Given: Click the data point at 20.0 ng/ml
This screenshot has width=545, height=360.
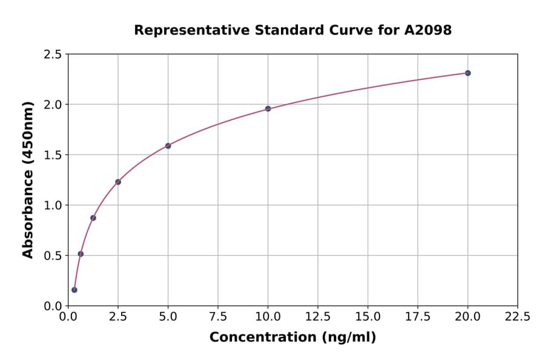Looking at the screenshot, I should point(467,73).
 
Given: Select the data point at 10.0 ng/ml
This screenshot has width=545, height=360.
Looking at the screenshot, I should point(268,108).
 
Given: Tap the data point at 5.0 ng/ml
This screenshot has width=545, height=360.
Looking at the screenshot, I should point(168,146).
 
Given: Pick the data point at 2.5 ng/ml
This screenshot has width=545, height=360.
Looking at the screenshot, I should point(118,182).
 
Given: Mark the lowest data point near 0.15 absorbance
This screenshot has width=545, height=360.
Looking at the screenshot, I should point(74,290).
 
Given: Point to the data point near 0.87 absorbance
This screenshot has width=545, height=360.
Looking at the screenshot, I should point(93,218).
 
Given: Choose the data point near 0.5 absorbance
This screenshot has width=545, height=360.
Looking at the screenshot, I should point(81,254).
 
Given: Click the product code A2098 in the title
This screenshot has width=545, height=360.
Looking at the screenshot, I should point(428,30).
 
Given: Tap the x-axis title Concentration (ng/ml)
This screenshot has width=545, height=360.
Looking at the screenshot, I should point(292,337).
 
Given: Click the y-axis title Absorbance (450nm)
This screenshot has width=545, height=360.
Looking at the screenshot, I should point(28,179).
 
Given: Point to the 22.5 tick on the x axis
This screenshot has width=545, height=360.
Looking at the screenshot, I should point(517,317).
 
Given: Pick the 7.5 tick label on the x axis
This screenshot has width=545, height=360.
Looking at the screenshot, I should point(218,317).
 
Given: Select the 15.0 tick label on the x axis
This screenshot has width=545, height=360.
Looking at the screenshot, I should point(368,317).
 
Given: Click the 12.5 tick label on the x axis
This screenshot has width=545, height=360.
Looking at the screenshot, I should point(318,317).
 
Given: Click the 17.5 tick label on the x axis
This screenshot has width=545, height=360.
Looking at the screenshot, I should point(418,317).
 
